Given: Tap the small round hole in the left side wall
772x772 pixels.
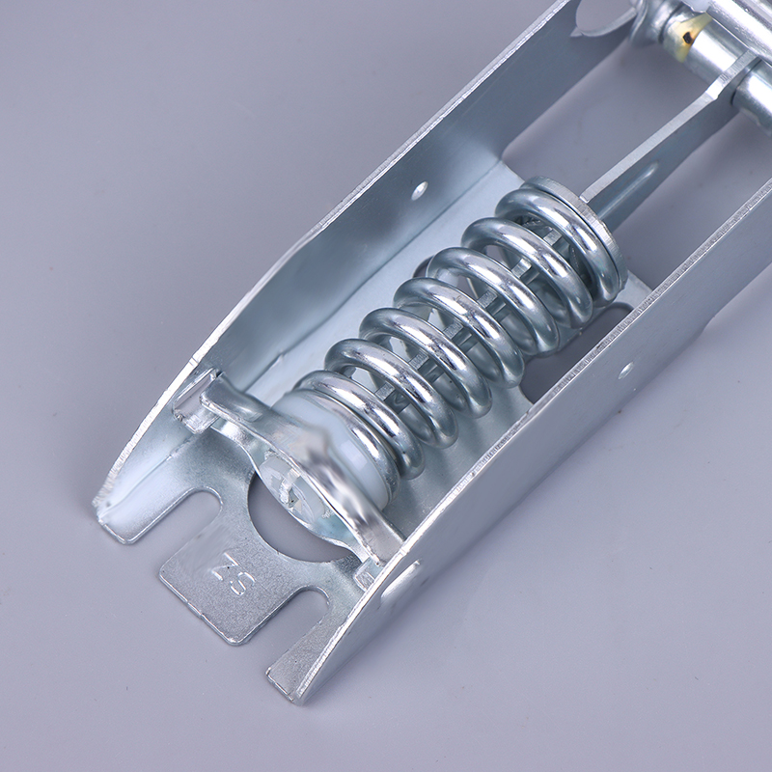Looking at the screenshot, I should tap(420, 189).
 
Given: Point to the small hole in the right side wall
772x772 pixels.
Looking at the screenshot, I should tap(625, 369).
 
